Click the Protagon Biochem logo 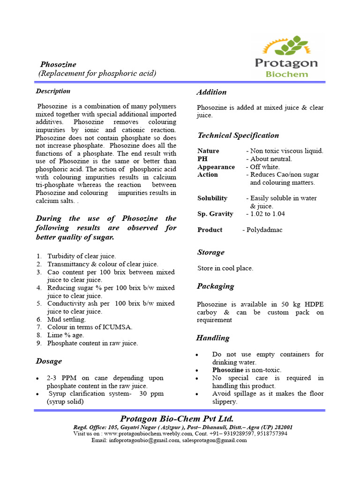(x=286, y=56)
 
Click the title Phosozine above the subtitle (x=58, y=64)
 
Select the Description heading (x=53, y=91)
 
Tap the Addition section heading (x=211, y=92)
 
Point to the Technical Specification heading (x=238, y=135)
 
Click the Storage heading (x=210, y=252)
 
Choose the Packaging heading (x=215, y=286)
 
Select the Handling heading (x=213, y=337)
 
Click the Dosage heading (x=49, y=361)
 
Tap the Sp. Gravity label (x=215, y=214)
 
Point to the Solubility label (x=212, y=198)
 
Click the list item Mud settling (x=67, y=319)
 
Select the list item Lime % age (x=66, y=335)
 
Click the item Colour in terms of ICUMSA (x=90, y=327)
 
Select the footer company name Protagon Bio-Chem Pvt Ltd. (x=177, y=419)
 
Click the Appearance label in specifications (x=216, y=167)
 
